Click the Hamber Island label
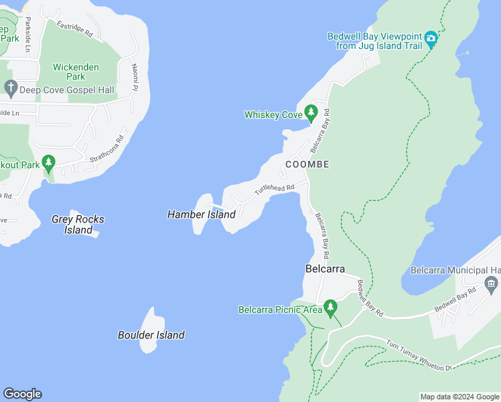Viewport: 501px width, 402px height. tap(201, 214)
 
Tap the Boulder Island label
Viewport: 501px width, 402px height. tap(151, 335)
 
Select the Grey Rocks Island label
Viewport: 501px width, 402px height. tap(78, 224)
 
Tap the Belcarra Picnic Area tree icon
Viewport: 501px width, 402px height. tap(330, 308)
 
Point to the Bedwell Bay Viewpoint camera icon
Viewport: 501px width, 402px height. tap(431, 39)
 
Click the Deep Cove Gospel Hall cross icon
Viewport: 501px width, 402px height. tap(10, 88)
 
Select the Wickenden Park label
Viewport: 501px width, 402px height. tap(76, 72)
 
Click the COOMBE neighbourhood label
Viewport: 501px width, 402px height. tap(307, 164)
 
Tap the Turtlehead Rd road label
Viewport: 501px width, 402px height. tap(274, 190)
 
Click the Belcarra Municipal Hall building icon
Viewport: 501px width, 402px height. tap(492, 285)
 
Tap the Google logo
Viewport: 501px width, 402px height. tap(22, 394)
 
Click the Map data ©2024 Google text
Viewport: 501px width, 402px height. tap(459, 397)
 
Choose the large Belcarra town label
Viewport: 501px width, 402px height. tap(325, 269)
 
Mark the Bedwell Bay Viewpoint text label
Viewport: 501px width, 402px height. tap(375, 41)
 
